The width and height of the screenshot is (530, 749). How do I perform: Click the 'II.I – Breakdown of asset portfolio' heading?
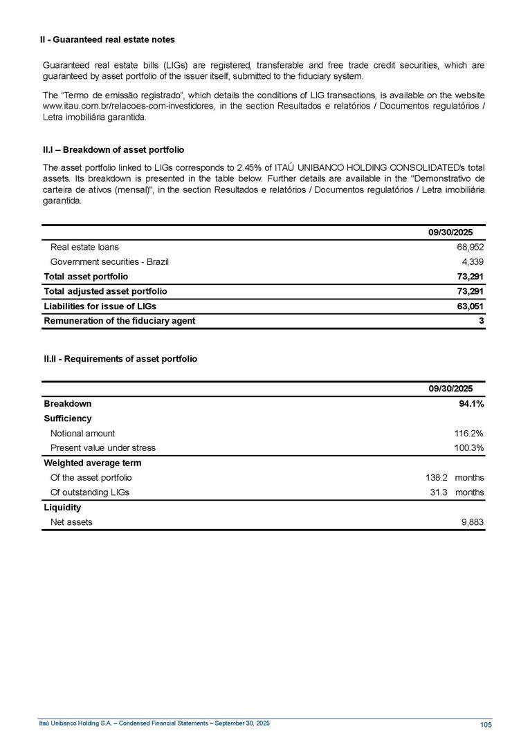click(x=113, y=149)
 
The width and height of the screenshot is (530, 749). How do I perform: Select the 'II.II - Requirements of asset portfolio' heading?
click(x=120, y=359)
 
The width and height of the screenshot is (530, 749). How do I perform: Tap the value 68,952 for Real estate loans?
click(x=470, y=247)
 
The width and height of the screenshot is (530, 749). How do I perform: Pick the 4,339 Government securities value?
click(x=473, y=262)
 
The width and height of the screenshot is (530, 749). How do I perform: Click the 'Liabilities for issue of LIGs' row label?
click(x=100, y=306)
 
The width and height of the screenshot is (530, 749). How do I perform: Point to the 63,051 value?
click(x=470, y=306)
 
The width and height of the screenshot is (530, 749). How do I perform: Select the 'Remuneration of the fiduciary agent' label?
click(x=119, y=321)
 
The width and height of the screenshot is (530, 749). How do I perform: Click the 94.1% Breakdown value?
click(x=470, y=404)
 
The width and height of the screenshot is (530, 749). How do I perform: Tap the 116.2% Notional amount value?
click(x=468, y=434)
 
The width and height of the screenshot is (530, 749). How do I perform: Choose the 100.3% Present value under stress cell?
click(x=468, y=448)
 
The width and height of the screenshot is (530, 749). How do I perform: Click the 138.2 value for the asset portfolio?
click(x=437, y=478)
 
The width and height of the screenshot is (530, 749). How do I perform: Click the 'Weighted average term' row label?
click(x=86, y=463)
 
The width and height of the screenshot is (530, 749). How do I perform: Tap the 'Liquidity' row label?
click(x=62, y=508)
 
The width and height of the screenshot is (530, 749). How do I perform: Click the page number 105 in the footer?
click(x=485, y=724)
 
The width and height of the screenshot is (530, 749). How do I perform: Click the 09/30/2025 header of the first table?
click(x=450, y=232)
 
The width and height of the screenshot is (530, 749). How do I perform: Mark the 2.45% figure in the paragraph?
click(x=250, y=168)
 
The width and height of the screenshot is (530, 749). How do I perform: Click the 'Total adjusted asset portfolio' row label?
click(x=105, y=291)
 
